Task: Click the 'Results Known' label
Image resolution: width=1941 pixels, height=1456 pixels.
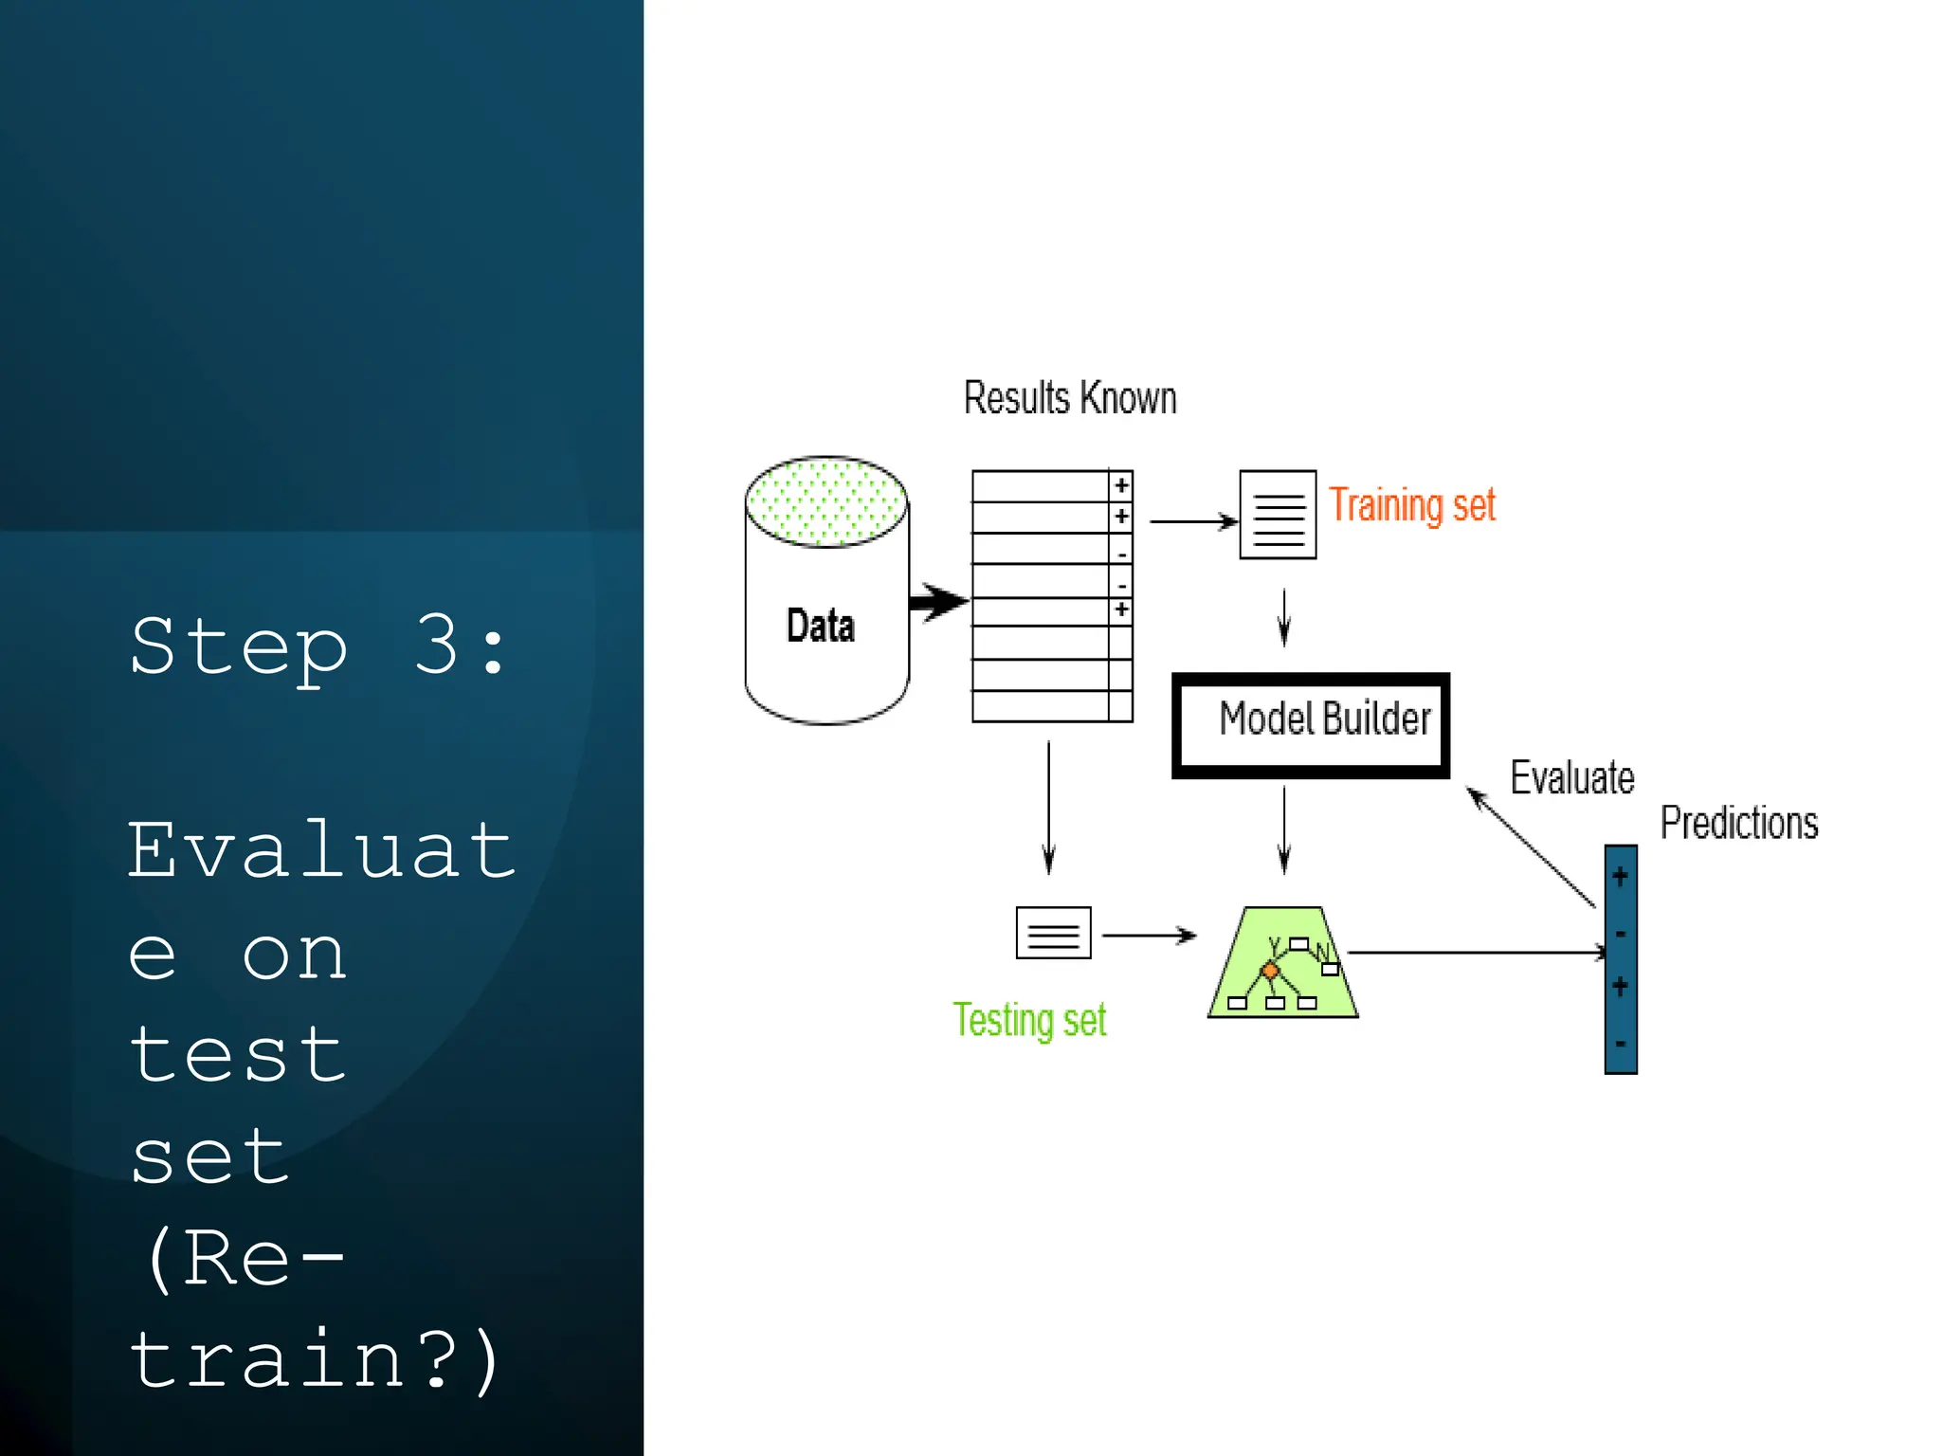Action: [1070, 398]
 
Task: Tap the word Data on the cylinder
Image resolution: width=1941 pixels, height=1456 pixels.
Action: [821, 627]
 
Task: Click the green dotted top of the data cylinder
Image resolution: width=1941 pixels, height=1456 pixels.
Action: [826, 502]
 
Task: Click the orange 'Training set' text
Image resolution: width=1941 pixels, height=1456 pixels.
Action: [1411, 505]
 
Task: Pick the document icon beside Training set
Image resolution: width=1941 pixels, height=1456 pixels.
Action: [1278, 515]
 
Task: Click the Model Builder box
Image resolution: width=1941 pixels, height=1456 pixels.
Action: [1311, 725]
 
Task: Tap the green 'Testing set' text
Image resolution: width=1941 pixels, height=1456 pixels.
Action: [1029, 1021]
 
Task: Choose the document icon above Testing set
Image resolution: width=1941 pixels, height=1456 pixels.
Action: [1053, 934]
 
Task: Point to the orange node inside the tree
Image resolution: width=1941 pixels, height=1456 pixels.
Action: [1270, 971]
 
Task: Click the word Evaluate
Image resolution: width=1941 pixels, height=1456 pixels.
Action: [1572, 778]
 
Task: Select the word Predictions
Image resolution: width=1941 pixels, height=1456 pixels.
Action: [1739, 823]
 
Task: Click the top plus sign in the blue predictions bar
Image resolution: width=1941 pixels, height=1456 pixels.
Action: [1621, 876]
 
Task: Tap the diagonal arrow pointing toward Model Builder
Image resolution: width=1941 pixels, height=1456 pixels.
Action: [1531, 847]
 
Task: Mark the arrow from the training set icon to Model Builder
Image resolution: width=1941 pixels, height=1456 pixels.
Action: [1284, 617]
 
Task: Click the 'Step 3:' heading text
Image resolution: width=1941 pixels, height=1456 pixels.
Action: [318, 647]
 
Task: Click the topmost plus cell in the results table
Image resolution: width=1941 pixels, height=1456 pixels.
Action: [1121, 485]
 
